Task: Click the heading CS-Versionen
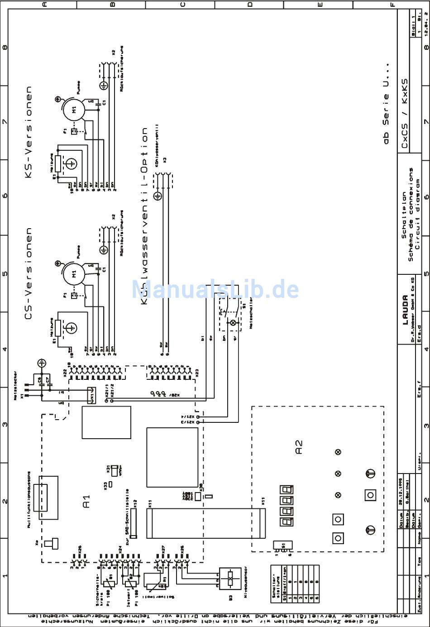(29, 274)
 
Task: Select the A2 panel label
(298, 447)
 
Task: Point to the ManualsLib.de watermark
(215, 289)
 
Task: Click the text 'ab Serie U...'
(386, 119)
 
